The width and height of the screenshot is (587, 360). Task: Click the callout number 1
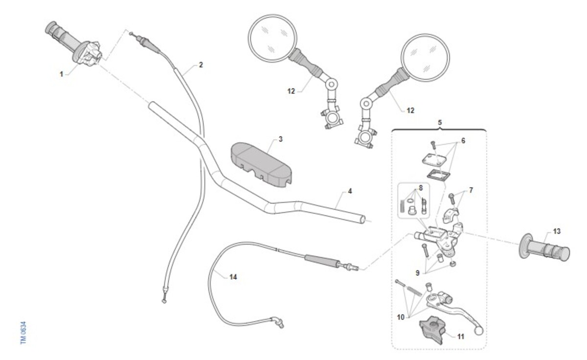(x=61, y=74)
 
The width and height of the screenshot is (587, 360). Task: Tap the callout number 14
(x=233, y=277)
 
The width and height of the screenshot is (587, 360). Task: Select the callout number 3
(x=281, y=139)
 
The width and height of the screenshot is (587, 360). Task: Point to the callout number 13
(x=557, y=231)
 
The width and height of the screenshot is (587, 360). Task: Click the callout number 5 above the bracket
(x=440, y=122)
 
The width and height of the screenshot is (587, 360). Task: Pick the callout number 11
(x=461, y=337)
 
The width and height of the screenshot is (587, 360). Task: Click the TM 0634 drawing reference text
(x=23, y=333)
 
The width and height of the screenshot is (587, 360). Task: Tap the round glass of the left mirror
(x=272, y=38)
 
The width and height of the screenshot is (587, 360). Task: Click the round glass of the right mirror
(x=425, y=57)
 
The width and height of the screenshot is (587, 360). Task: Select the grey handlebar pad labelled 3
(x=262, y=164)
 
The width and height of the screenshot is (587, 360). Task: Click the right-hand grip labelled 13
(x=544, y=247)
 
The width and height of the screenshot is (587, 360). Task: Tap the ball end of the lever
(x=478, y=331)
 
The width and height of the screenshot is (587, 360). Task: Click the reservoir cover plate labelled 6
(x=434, y=160)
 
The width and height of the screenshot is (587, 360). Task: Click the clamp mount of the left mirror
(x=332, y=119)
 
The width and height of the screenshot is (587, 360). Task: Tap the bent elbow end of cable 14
(x=278, y=322)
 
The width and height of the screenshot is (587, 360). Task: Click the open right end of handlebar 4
(x=362, y=219)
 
